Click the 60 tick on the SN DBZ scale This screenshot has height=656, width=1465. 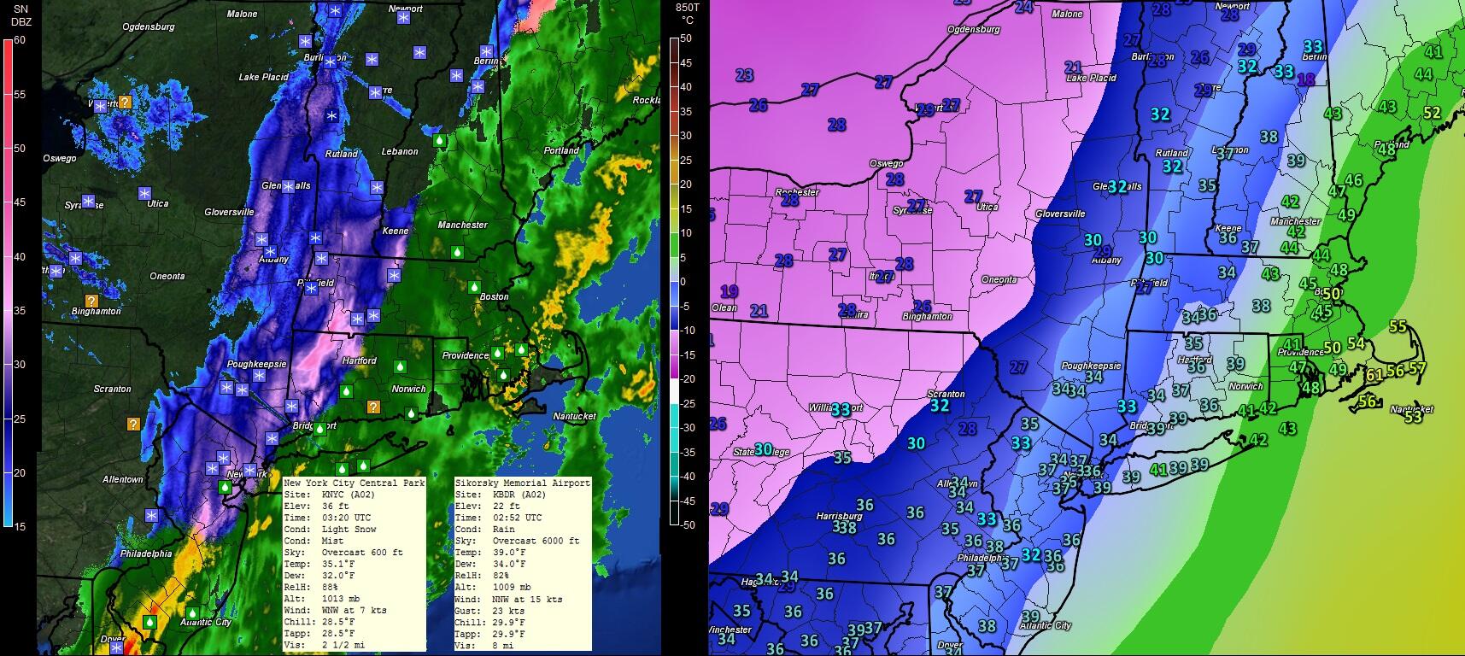tap(20, 40)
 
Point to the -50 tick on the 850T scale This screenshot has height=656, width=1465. tap(685, 524)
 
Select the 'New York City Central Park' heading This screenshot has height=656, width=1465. tap(354, 483)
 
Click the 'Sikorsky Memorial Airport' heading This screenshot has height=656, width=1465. tap(522, 483)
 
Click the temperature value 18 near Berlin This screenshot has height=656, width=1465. tap(1306, 79)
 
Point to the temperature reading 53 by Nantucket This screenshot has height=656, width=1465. tap(1413, 417)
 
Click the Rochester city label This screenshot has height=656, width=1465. tap(797, 193)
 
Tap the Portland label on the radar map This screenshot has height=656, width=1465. tap(561, 151)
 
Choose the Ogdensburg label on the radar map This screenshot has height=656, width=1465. tap(149, 27)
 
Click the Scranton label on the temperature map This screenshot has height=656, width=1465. tap(946, 394)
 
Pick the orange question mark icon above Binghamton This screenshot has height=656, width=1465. tap(91, 301)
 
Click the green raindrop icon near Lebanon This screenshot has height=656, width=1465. tap(439, 139)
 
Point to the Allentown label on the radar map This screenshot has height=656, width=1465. tap(123, 480)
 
